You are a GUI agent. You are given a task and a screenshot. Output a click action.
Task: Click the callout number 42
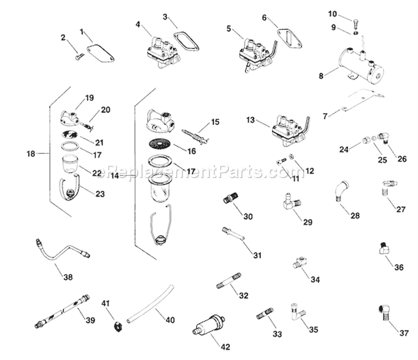pos(225,347)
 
